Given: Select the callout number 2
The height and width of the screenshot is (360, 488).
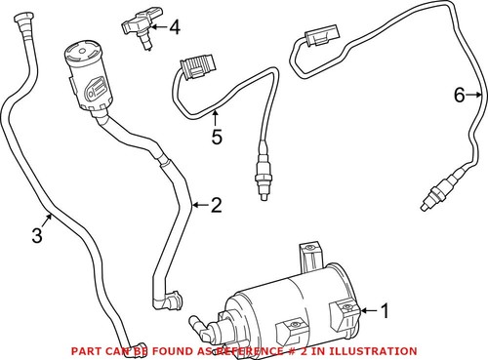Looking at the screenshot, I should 217,205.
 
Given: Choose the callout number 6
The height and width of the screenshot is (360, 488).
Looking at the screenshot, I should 458,95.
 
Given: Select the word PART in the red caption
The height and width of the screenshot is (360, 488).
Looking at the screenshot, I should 87,350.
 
